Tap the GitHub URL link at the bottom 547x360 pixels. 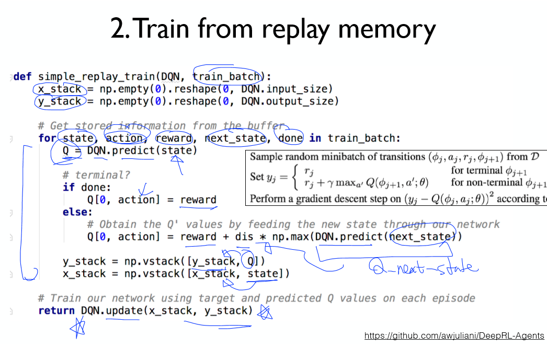click(x=454, y=335)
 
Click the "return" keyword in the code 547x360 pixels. click(x=56, y=311)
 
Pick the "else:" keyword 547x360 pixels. click(x=77, y=212)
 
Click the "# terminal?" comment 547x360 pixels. click(x=96, y=175)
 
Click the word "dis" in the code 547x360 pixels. click(x=244, y=237)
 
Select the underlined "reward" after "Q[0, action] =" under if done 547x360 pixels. click(x=198, y=200)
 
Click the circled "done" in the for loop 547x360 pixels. click(x=290, y=138)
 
